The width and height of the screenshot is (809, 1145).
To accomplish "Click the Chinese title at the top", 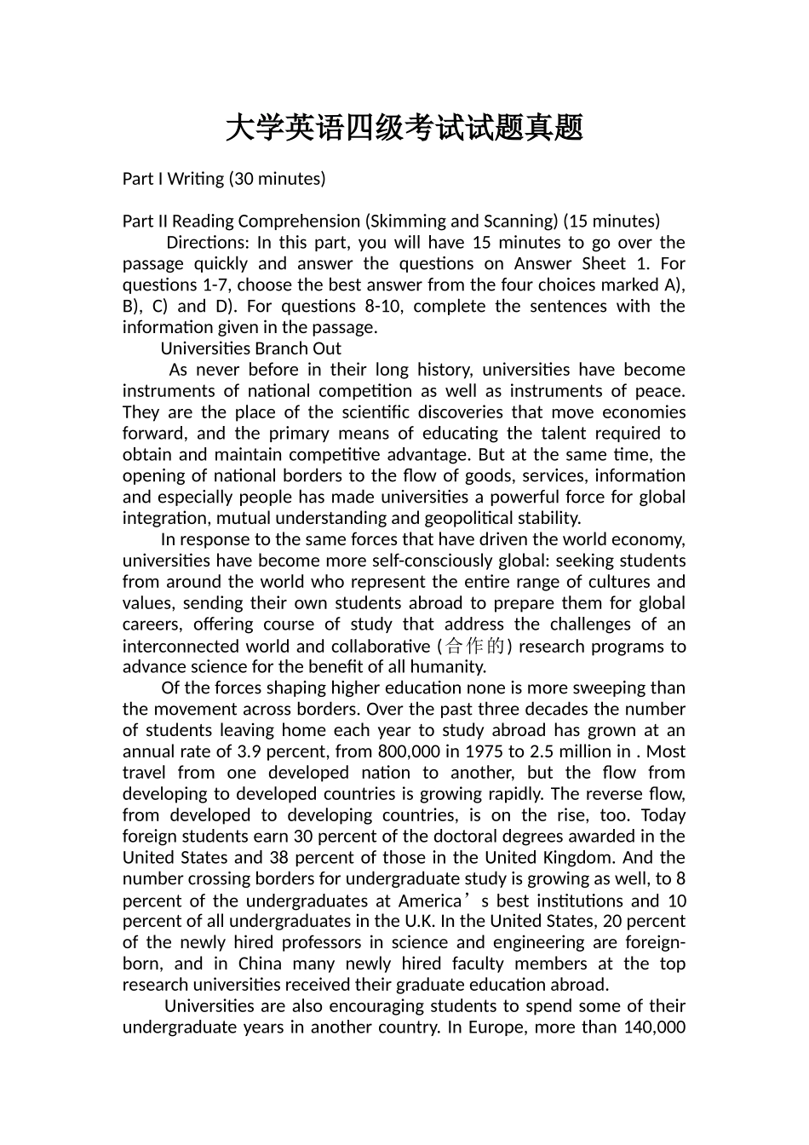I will (x=404, y=129).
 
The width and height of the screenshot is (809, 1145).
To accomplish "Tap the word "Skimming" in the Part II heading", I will (x=404, y=222).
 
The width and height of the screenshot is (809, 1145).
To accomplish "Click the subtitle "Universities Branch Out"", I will (x=250, y=348).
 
